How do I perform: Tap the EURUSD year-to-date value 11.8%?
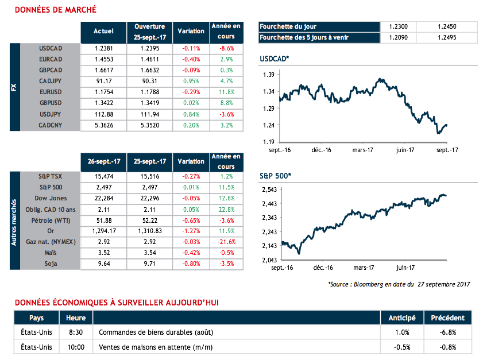coord(226,91)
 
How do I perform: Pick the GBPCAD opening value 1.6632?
coord(150,70)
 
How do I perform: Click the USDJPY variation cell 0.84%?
coord(191,114)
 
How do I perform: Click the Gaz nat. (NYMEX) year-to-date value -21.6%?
coord(226,242)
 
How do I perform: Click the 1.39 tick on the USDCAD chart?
coord(268,75)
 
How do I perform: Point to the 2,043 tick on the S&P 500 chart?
coord(270,261)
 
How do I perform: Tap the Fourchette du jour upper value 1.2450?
coord(446,26)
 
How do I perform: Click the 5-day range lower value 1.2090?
coord(398,38)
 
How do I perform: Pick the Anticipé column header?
coord(402,318)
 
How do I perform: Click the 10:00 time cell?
coord(76,347)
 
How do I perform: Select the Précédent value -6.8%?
coord(447,332)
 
